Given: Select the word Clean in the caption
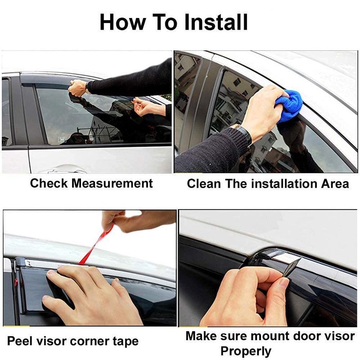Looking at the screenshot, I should [x=203, y=184].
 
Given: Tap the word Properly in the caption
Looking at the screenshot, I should [x=246, y=351].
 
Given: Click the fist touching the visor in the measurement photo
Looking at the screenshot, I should [x=77, y=88].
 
